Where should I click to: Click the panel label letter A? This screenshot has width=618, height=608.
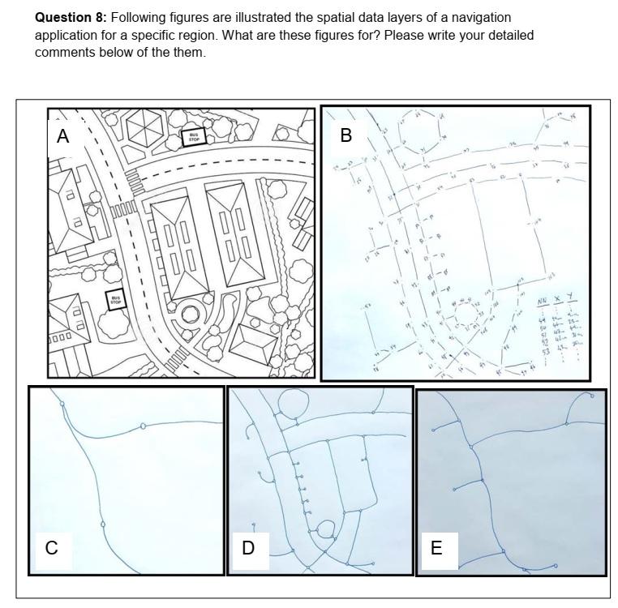[62, 137]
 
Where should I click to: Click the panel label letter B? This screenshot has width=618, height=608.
[346, 135]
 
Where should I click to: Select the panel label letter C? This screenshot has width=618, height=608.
[51, 548]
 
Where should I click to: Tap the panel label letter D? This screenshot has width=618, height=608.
[248, 548]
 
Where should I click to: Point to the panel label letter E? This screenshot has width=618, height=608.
[436, 548]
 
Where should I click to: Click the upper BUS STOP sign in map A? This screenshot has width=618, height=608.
[194, 138]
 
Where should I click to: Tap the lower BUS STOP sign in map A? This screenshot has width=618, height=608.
[116, 300]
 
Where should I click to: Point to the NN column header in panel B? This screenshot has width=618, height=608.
[543, 302]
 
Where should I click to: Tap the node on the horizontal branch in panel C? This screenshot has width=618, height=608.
[144, 426]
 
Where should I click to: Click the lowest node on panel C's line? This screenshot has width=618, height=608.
[103, 525]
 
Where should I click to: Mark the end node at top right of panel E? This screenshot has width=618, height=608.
[592, 396]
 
